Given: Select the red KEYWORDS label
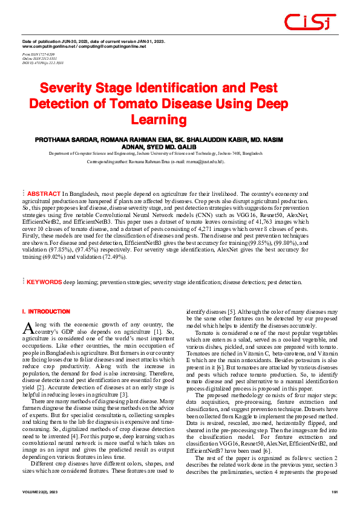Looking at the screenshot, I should point(45,282).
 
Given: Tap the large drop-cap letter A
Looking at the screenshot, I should point(27,327).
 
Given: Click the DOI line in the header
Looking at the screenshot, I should point(43,62).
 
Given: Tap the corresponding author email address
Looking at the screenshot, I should point(205,162).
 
